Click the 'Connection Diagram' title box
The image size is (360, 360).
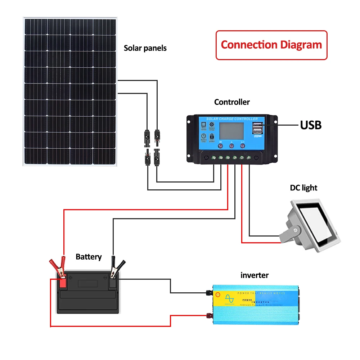tap(271, 45)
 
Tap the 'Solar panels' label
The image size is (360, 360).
tap(145, 48)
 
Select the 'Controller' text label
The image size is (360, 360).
tap(232, 102)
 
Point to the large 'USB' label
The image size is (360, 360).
tap(311, 125)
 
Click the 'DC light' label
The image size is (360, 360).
tap(303, 188)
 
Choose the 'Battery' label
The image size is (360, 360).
tap(89, 257)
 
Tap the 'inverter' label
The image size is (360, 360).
tap(255, 275)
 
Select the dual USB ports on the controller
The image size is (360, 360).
tap(257, 129)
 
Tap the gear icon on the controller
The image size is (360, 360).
tap(212, 124)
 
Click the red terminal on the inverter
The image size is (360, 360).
tap(208, 316)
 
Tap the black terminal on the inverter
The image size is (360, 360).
tap(208, 292)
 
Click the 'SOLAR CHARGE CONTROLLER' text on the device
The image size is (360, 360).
tap(232, 119)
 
